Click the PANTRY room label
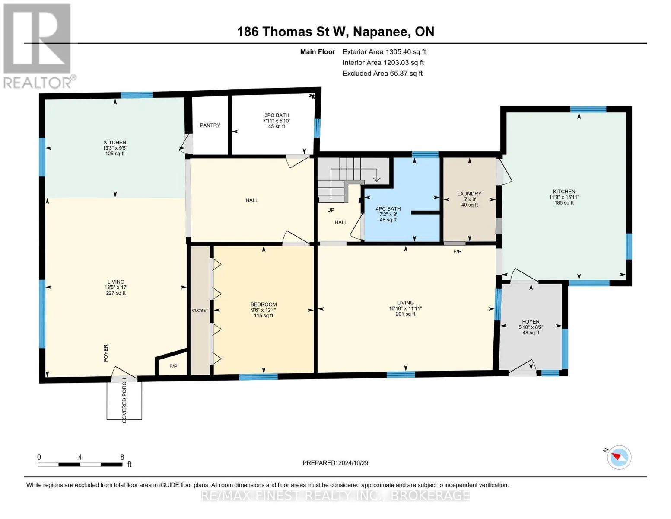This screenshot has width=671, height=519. coord(210,125)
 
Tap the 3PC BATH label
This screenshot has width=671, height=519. coord(277,115)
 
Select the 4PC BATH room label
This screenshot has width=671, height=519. coord(388,208)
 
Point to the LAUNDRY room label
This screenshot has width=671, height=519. coord(469,194)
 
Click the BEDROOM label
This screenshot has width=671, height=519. coord(264,304)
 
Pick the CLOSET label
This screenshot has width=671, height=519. coord(200,311)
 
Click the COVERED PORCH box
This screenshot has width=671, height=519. coord(124,400)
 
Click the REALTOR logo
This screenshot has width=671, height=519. coord(38,46)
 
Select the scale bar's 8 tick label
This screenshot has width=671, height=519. coord(122,457)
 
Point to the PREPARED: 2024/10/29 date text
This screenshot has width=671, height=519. coord(335,463)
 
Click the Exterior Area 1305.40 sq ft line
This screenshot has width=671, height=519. coord(384,52)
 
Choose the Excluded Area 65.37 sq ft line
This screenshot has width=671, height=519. coord(382,74)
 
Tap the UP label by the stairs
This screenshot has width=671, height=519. coord(331,210)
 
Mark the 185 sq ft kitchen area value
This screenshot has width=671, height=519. coord(564,203)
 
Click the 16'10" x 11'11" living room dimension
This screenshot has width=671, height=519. coord(405,308)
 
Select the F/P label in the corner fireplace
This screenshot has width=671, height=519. coord(173,366)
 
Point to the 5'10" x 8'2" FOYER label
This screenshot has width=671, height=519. coord(531,327)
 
